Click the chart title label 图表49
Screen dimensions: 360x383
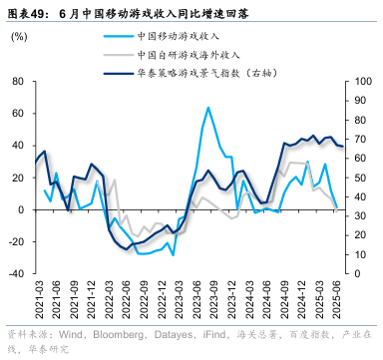[27, 14]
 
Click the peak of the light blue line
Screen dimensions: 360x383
[208, 108]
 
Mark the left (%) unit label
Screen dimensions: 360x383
[19, 37]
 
